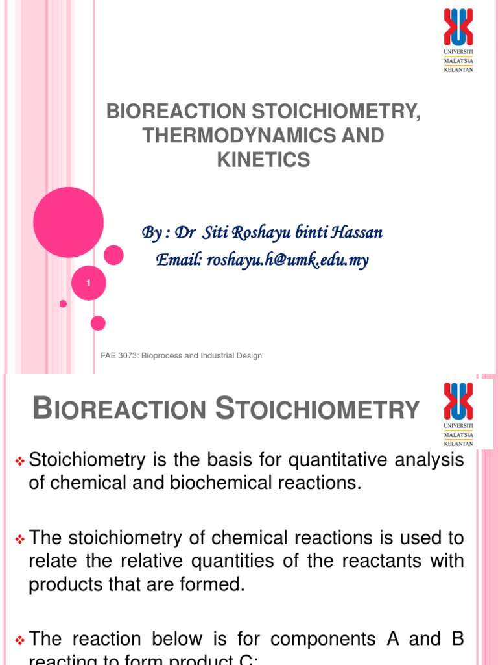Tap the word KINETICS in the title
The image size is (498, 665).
point(263,160)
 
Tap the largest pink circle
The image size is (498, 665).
point(68,222)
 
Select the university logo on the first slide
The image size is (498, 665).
point(458,40)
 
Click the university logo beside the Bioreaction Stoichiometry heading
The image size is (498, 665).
point(458,414)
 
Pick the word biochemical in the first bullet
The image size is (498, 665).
point(215,484)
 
